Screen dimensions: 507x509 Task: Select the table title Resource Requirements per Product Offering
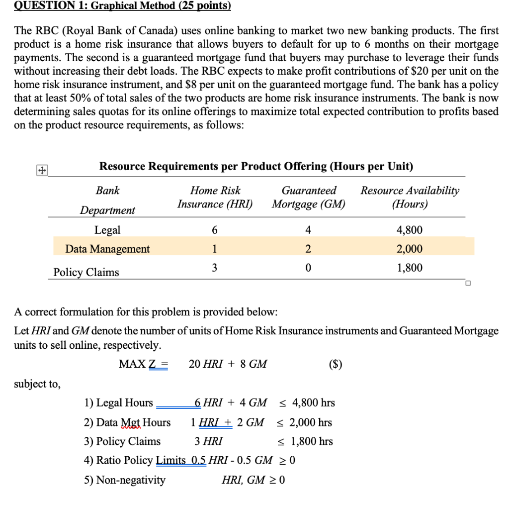coord(256,166)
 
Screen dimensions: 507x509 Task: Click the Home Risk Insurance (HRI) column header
coord(215,197)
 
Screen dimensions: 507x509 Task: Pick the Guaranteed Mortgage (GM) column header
coord(308,197)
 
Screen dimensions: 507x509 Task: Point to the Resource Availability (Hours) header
coord(410,197)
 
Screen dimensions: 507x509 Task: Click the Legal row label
coord(107,230)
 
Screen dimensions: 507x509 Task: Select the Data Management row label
coord(107,249)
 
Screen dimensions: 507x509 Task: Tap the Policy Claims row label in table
coord(86,272)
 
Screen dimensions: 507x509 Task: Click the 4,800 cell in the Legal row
coord(410,230)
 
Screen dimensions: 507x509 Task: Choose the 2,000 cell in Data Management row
coord(410,249)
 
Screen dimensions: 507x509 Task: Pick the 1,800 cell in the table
coord(410,268)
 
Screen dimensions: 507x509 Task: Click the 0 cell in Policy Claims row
coord(308,268)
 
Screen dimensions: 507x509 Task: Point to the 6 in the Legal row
coord(214,230)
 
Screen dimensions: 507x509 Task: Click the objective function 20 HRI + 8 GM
coord(228,364)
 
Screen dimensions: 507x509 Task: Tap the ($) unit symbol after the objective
coord(336,364)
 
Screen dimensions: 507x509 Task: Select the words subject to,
coord(37,384)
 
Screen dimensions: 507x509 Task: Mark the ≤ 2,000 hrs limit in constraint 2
coord(304,422)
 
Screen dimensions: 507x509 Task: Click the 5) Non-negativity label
coord(124,480)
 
